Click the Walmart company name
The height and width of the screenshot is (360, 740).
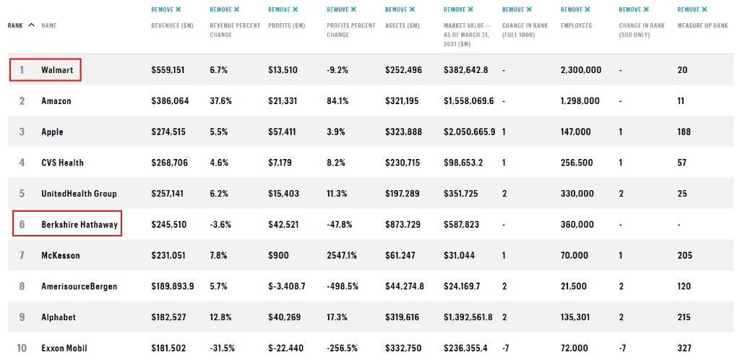pos(57,70)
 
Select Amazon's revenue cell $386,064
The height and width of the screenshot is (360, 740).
pos(170,101)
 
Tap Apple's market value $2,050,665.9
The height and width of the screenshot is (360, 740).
pos(469,132)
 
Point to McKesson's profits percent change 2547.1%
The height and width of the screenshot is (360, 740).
pos(342,255)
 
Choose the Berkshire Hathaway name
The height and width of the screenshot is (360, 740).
pos(79,225)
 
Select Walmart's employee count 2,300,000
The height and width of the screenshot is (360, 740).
pos(581,70)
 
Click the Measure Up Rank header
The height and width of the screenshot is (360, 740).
pos(702,25)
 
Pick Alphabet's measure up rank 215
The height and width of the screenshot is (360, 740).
pos(684,317)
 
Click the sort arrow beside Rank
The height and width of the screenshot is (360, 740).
pos(31,25)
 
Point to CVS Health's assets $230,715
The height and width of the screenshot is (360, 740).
pos(403,163)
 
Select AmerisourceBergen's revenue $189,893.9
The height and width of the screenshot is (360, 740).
pos(172,286)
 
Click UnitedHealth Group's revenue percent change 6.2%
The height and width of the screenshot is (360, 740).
pos(218,194)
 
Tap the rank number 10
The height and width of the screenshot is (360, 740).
pos(22,348)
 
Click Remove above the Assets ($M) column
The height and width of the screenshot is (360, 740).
pos(400,9)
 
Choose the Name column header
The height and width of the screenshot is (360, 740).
pos(49,25)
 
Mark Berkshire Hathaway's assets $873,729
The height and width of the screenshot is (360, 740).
pos(403,225)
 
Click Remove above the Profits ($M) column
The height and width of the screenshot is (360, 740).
pos(283,9)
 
